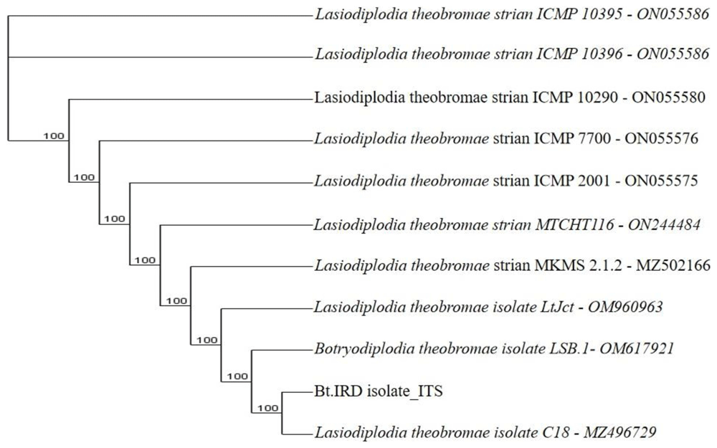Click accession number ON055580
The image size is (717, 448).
tap(668, 97)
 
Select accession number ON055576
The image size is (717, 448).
tap(661, 138)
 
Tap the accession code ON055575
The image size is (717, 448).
tap(661, 181)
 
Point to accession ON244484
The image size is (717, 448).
tap(664, 225)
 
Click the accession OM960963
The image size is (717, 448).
tap(625, 307)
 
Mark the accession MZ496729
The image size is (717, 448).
tap(620, 432)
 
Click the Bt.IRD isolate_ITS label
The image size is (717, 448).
tap(379, 392)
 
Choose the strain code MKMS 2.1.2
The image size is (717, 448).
tap(578, 265)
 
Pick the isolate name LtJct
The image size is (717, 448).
tap(556, 307)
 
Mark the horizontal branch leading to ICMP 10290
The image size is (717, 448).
tap(190, 98)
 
